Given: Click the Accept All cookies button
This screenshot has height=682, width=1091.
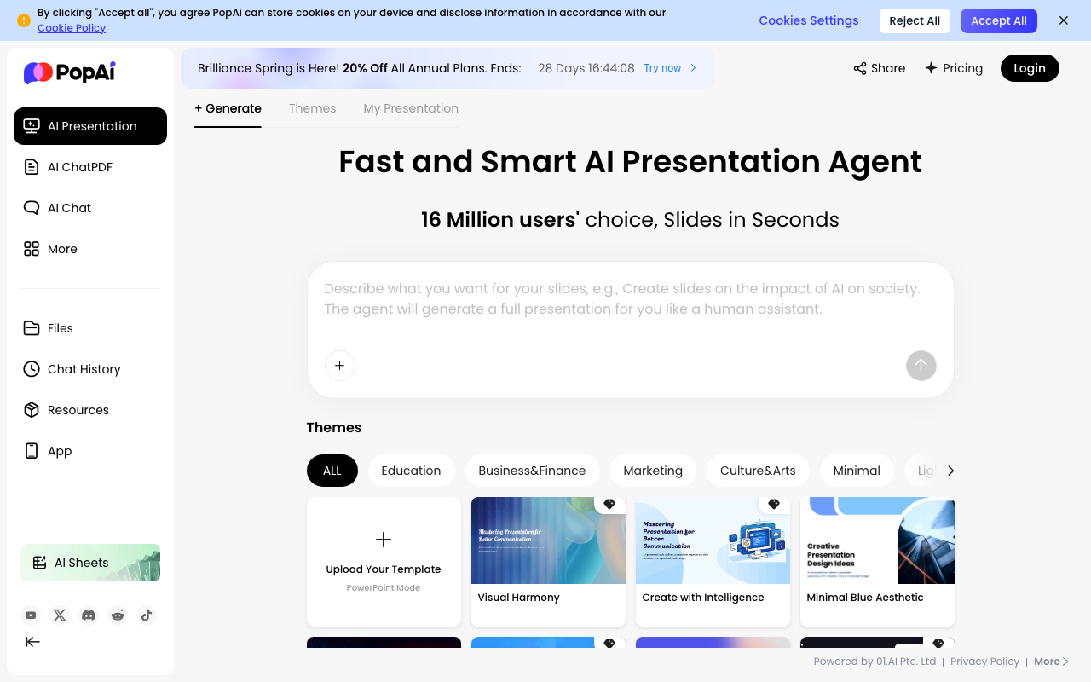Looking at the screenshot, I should (x=998, y=21).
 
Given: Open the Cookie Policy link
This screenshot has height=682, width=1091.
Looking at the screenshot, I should (x=72, y=28).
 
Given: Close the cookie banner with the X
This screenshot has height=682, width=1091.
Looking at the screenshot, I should (x=1063, y=20).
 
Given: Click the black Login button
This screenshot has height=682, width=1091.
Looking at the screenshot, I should (x=1030, y=68).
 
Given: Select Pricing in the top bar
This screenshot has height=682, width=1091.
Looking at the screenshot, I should (x=954, y=68).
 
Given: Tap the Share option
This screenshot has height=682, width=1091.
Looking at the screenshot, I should (x=880, y=68).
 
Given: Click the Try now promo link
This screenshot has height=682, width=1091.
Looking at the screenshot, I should (x=670, y=68).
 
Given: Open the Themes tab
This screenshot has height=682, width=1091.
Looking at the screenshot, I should (x=312, y=108).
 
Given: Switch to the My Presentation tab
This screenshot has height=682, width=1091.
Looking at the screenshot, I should (x=411, y=108).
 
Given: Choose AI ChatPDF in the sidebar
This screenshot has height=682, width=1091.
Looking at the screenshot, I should (x=80, y=167).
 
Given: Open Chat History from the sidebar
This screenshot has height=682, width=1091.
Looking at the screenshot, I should (x=84, y=369).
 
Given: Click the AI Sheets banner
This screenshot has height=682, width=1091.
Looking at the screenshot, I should (x=90, y=563).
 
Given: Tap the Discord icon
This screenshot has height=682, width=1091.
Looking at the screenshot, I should (x=89, y=616).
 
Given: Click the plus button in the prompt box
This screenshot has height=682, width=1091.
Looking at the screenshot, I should (x=339, y=366).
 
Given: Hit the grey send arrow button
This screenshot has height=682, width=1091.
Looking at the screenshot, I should (x=921, y=366).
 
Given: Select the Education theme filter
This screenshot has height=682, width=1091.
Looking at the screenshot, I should (x=411, y=471).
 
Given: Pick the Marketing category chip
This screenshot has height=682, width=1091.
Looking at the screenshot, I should (x=653, y=471).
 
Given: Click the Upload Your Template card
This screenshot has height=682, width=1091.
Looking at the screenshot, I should (x=384, y=561).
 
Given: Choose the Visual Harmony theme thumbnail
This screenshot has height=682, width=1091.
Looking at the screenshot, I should (x=548, y=540).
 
